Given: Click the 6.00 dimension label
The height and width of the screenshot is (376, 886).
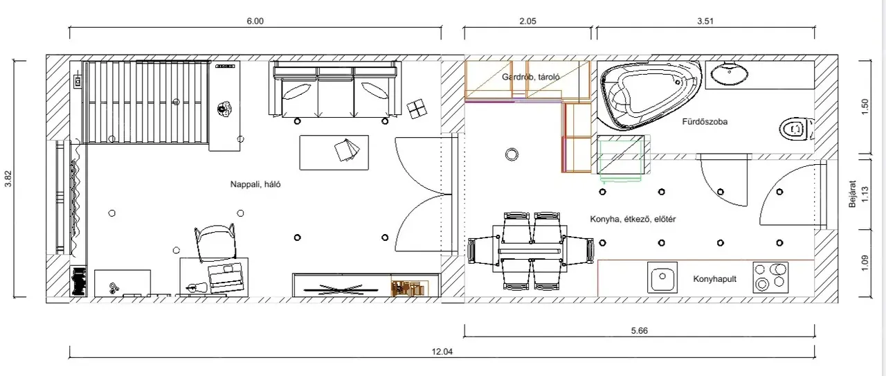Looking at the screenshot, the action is [255, 21].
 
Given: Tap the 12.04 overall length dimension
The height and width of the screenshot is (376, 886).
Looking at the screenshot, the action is [442, 352].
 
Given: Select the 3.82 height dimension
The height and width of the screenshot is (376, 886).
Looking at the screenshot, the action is [8, 179].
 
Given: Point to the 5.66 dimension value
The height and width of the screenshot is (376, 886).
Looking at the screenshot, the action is [639, 331].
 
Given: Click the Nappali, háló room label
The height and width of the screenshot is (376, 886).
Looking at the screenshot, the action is [255, 184].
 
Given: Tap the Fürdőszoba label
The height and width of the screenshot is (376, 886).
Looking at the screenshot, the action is [705, 121].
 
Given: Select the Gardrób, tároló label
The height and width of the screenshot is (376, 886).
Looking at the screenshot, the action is [530, 77].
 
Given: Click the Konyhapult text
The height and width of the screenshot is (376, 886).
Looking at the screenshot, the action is [714, 279].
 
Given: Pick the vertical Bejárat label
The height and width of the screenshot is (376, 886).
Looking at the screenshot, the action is [852, 194].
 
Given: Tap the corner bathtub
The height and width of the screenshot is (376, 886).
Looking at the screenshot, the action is [648, 95].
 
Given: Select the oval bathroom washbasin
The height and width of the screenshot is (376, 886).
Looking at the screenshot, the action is [730, 73].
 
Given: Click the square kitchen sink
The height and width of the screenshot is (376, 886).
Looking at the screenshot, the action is [662, 277].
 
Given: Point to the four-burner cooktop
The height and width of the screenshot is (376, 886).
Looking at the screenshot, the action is [770, 277].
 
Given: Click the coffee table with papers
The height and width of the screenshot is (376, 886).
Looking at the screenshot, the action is [334, 152].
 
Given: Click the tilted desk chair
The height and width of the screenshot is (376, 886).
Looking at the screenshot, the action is [215, 242].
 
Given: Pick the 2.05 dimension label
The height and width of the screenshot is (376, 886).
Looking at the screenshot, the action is [527, 21].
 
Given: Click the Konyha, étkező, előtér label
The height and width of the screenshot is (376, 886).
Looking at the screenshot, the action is [633, 219].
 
